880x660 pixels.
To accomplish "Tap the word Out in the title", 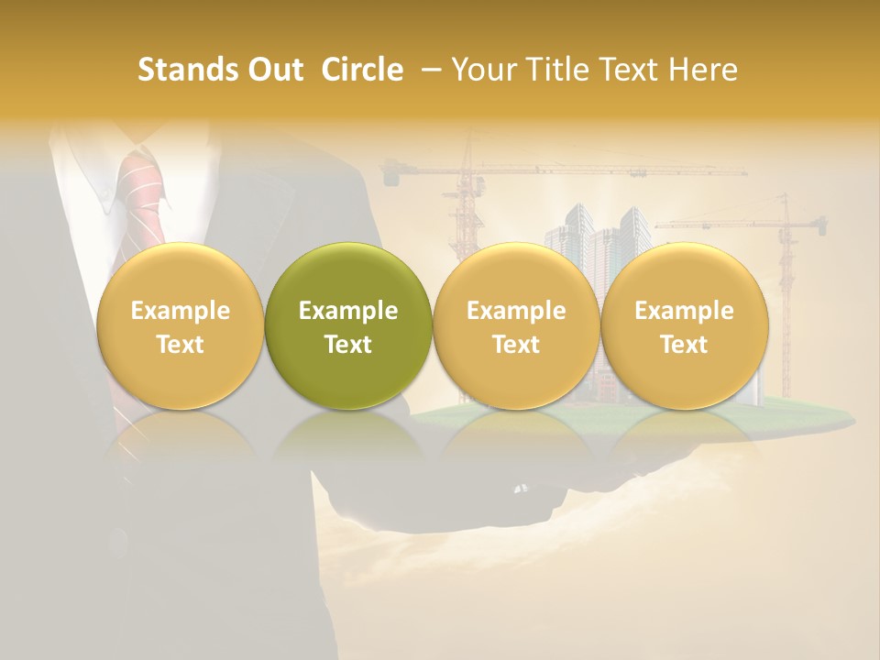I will tap(273, 70).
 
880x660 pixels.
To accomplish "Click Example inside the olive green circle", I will tap(348, 311).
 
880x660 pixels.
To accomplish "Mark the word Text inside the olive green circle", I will tap(348, 345).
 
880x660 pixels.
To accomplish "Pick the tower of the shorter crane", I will tap(785, 275).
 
